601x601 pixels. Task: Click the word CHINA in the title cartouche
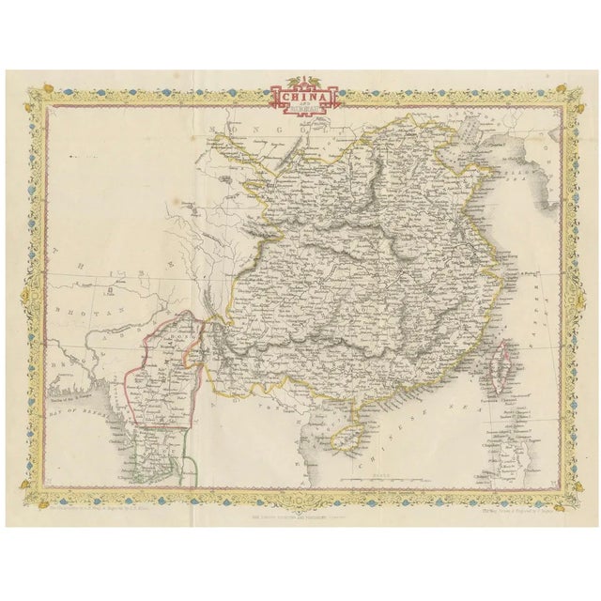tap(301, 95)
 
